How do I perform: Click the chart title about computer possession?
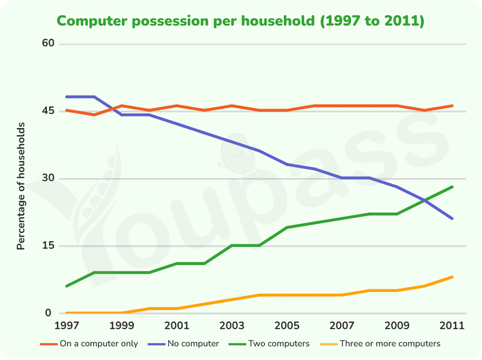(240, 21)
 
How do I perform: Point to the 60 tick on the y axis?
(48, 43)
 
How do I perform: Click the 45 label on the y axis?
(48, 110)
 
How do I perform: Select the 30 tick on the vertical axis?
(48, 178)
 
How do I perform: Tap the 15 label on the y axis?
(48, 245)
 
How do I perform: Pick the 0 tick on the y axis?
(48, 312)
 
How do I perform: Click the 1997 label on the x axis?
(67, 326)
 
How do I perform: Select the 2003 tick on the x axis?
(232, 326)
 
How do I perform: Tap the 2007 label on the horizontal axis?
(342, 326)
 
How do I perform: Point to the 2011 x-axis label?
(452, 326)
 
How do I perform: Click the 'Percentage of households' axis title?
(20, 186)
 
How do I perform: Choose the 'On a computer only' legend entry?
(89, 344)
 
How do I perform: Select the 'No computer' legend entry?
(184, 344)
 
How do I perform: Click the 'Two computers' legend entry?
(269, 344)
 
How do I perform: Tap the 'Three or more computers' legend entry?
(380, 344)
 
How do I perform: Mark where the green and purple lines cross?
(425, 200)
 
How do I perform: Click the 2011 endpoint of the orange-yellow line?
(452, 277)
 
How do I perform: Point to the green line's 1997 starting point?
(67, 286)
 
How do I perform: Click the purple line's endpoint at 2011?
(452, 218)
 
